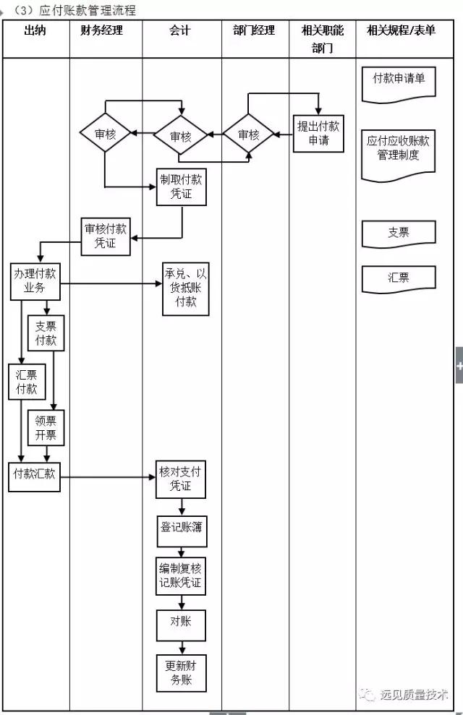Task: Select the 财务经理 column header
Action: [102, 30]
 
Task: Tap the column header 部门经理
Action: [254, 30]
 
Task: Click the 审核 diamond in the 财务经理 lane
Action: [105, 134]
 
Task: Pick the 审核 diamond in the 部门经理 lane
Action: [248, 134]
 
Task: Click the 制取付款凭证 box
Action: [181, 187]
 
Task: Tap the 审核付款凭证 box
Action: [106, 236]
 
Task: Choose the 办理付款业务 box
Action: [35, 281]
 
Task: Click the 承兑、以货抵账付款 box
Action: [186, 288]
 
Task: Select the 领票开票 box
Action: [46, 428]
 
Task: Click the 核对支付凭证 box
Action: [181, 479]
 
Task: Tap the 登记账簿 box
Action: [181, 528]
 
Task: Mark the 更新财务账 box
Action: [181, 672]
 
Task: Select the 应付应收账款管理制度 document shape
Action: [398, 153]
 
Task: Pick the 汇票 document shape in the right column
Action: [398, 278]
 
